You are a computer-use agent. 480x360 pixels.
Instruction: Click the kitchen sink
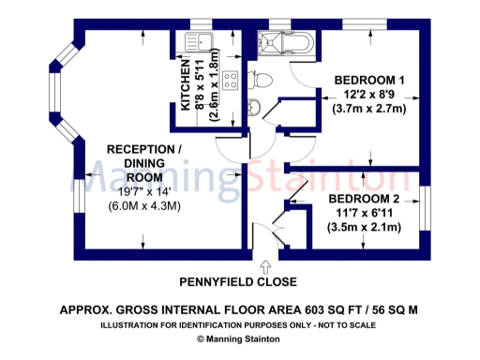click(201, 41)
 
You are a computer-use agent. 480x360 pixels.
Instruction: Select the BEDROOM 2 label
click(364, 198)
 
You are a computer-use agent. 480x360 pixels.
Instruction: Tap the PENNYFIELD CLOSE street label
click(238, 281)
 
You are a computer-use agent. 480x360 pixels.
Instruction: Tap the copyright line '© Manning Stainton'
click(239, 339)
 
